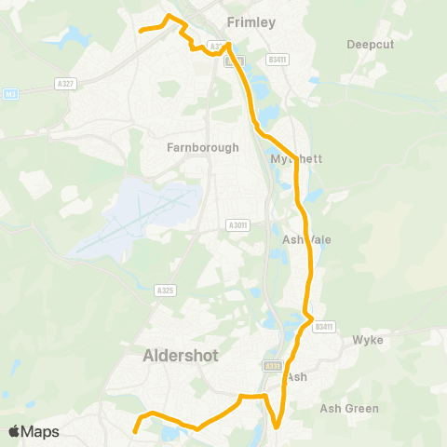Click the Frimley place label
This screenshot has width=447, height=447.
(x=251, y=21)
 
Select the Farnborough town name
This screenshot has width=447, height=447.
(x=202, y=147)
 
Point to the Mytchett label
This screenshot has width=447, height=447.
(x=296, y=159)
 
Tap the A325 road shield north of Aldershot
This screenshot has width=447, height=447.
(x=166, y=291)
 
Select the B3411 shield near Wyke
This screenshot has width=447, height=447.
(x=324, y=327)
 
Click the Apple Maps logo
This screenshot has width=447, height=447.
(x=34, y=431)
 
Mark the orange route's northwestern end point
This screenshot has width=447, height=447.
(x=142, y=31)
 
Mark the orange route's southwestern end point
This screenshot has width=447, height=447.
(x=135, y=431)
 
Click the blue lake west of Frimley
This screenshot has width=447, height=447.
(x=72, y=37)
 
